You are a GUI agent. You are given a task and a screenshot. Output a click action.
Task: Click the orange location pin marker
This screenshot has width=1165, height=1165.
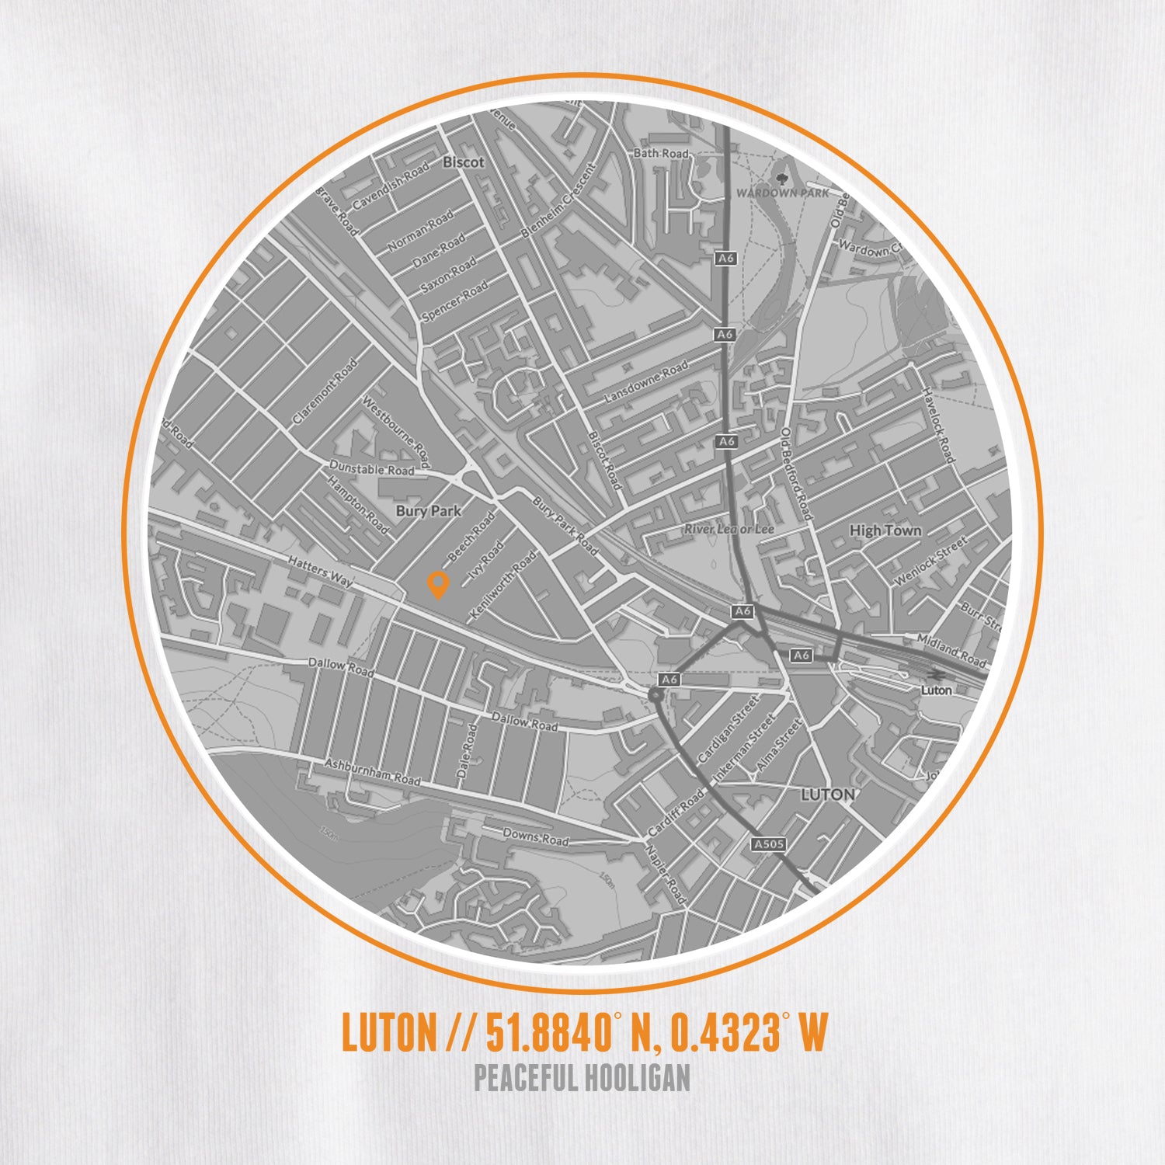click(438, 583)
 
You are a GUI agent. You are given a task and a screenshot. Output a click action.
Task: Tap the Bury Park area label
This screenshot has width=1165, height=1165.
click(428, 511)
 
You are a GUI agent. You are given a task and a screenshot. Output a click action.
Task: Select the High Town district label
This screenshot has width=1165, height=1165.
click(885, 530)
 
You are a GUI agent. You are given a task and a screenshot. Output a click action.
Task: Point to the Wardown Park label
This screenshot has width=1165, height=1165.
click(782, 192)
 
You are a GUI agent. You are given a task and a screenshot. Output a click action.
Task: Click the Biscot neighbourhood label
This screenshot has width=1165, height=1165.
click(463, 162)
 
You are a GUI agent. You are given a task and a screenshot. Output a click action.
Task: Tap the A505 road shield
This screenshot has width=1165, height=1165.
click(769, 843)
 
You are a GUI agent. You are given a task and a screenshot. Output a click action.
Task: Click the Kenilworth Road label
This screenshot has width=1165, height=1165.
click(503, 585)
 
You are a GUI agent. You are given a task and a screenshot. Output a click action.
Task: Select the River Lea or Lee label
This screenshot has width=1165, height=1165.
click(729, 529)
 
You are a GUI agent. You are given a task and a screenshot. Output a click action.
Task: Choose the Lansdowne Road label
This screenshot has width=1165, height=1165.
click(646, 381)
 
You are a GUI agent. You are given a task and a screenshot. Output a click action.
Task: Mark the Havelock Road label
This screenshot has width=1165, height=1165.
click(937, 425)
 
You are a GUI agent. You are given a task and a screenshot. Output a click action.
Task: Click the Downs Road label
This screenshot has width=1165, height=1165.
click(535, 836)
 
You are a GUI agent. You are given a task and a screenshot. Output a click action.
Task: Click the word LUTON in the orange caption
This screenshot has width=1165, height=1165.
click(389, 1032)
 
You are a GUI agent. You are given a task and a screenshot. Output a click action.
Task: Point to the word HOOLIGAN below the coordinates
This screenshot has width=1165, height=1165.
click(637, 1078)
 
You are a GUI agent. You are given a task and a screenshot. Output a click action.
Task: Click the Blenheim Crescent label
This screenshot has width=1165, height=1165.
click(558, 200)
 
